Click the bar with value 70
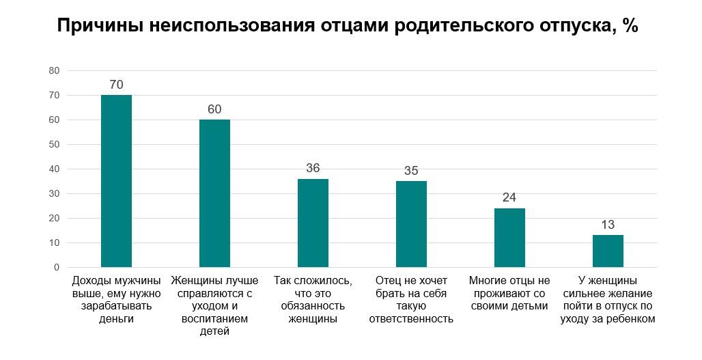pyautogui.click(x=116, y=181)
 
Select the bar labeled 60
pyautogui.click(x=214, y=193)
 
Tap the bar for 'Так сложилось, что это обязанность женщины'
pyautogui.click(x=313, y=223)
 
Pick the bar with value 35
pyautogui.click(x=411, y=224)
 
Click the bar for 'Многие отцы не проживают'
pyautogui.click(x=509, y=238)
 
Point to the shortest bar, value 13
pyautogui.click(x=608, y=251)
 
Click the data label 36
pyautogui.click(x=313, y=168)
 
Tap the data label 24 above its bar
pyautogui.click(x=509, y=197)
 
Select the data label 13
pyautogui.click(x=608, y=225)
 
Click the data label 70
pyautogui.click(x=116, y=85)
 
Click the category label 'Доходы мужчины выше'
pyautogui.click(x=116, y=299)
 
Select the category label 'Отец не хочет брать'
pyautogui.click(x=411, y=299)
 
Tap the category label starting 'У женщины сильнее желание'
pyautogui.click(x=608, y=299)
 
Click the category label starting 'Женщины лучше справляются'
pyautogui.click(x=214, y=305)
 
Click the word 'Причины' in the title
pyautogui.click(x=95, y=27)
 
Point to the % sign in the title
pyautogui.click(x=630, y=27)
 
